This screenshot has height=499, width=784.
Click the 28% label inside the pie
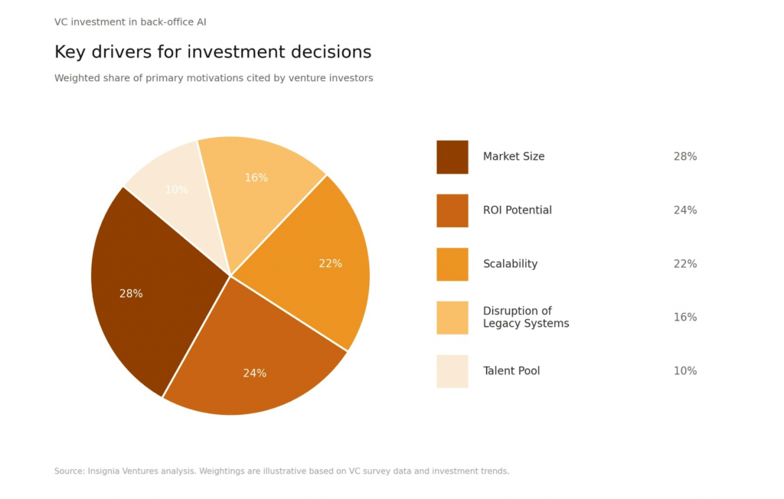(131, 294)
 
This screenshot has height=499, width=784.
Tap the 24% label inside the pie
(255, 373)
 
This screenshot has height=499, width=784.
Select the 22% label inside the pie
(330, 263)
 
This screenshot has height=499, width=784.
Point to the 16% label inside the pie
(256, 178)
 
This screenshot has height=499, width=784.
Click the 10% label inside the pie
(176, 190)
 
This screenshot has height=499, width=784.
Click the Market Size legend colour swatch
(452, 157)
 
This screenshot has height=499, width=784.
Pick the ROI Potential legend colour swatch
(452, 210)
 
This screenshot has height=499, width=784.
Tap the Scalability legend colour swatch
(452, 264)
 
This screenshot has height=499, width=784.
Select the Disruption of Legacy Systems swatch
(452, 318)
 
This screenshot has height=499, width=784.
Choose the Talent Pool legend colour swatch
(452, 371)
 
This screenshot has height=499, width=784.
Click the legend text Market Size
(514, 157)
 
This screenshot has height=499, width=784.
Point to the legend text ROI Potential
(517, 210)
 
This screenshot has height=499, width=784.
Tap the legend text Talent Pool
(511, 371)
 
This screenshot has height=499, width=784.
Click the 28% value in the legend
(685, 157)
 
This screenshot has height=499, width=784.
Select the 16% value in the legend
(685, 318)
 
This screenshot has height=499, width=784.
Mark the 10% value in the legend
(685, 371)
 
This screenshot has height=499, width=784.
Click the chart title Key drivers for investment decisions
(213, 52)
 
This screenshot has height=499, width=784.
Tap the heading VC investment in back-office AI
(130, 22)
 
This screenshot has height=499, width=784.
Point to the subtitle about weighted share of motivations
(214, 78)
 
